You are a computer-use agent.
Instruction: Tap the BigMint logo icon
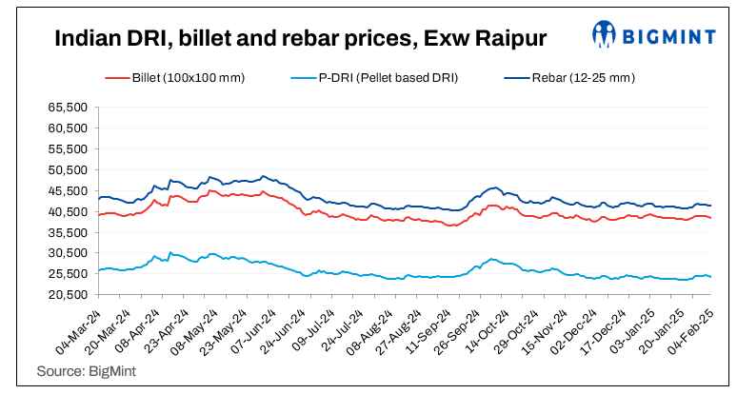[603, 33]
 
